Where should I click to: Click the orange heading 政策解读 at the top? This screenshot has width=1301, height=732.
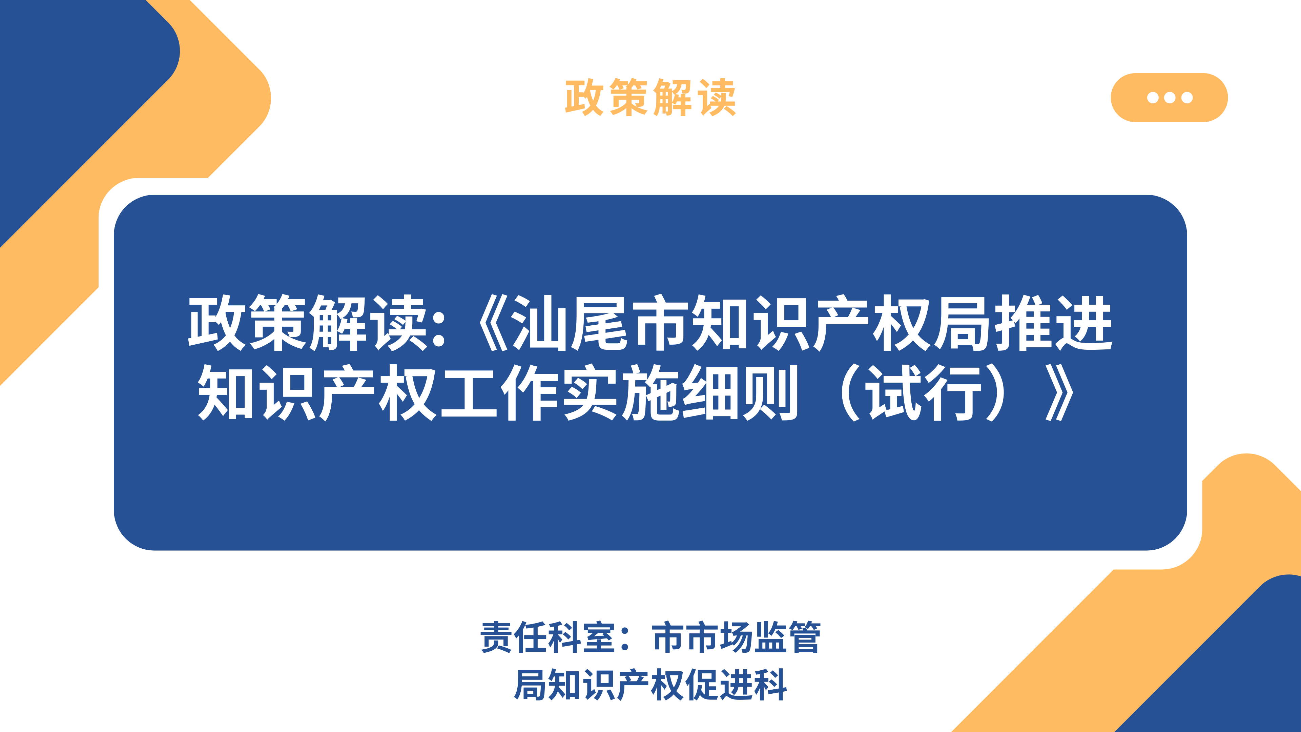[x=650, y=98]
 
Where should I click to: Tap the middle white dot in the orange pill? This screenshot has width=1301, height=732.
[x=1170, y=98]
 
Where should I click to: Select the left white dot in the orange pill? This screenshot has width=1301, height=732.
[x=1153, y=98]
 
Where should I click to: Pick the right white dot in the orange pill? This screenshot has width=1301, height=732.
[x=1187, y=98]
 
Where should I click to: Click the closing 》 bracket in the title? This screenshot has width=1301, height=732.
[x=1059, y=392]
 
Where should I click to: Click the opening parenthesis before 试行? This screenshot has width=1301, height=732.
[x=848, y=392]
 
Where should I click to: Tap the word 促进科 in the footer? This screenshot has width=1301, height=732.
[x=736, y=685]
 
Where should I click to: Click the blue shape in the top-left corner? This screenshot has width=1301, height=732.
[x=76, y=101]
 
